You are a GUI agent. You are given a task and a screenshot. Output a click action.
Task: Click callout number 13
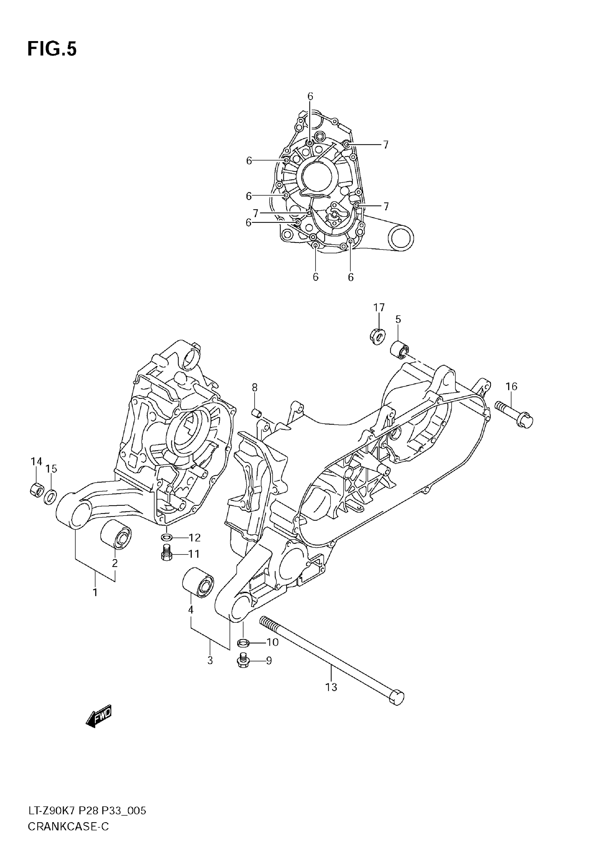click(x=331, y=687)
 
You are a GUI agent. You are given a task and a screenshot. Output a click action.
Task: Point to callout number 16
click(x=511, y=386)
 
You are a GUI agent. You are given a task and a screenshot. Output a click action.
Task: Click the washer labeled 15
click(x=50, y=497)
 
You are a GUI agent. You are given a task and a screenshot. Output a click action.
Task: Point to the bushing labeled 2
click(x=116, y=534)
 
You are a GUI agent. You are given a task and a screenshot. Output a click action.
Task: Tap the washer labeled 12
click(x=166, y=537)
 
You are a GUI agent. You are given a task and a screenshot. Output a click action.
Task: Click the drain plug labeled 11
click(x=167, y=554)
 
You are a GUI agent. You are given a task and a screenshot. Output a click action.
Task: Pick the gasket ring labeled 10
click(x=243, y=642)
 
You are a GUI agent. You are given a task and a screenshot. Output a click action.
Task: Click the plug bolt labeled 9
click(x=243, y=661)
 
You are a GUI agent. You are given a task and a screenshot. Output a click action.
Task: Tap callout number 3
click(x=210, y=660)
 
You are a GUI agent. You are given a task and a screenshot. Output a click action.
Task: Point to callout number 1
click(x=95, y=592)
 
